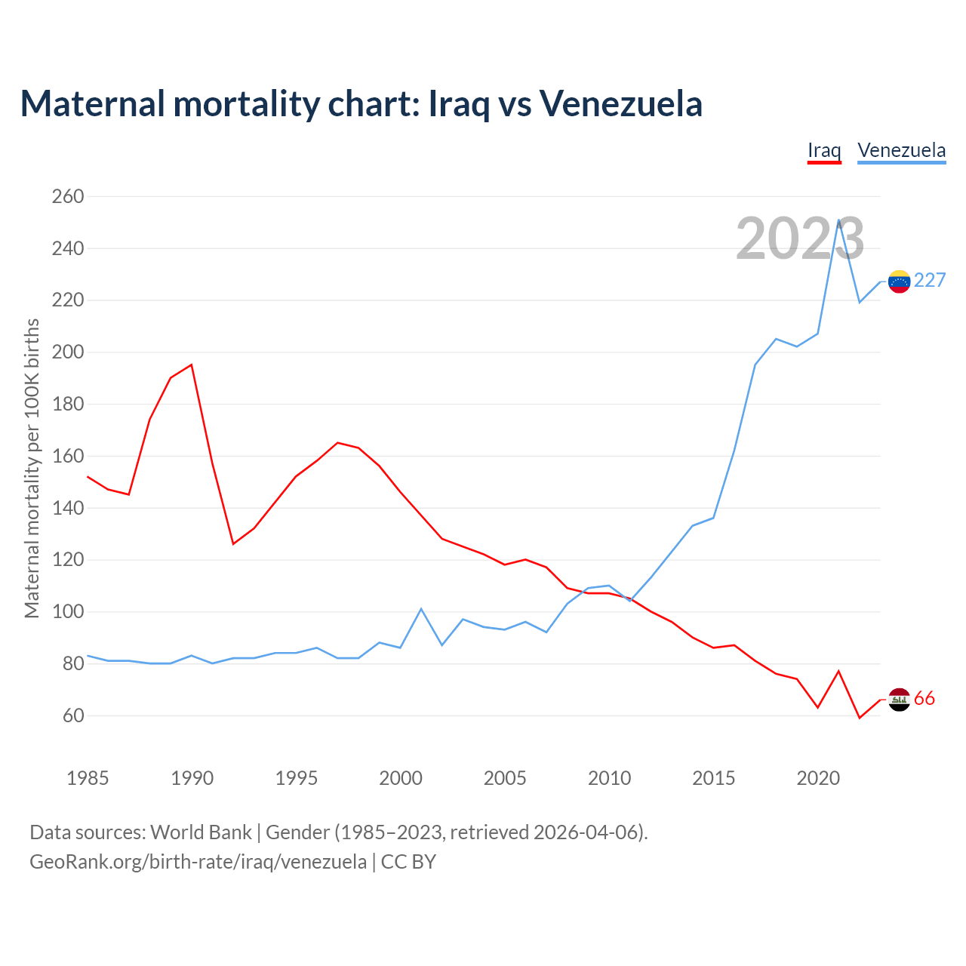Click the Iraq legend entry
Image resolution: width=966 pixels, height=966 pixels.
click(824, 150)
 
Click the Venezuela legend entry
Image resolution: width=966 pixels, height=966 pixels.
click(901, 150)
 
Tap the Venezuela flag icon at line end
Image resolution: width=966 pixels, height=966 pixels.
click(899, 281)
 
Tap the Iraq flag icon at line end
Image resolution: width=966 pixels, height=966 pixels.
click(899, 700)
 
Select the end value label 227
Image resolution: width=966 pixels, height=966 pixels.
click(930, 281)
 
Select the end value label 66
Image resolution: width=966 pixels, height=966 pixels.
click(924, 699)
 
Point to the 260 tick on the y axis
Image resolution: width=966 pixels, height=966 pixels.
click(67, 197)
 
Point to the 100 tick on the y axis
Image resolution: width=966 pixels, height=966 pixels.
click(67, 612)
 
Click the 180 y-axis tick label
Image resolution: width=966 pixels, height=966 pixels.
click(67, 405)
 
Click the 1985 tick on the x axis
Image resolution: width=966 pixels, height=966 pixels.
click(88, 778)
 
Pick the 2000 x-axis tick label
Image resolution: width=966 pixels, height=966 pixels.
click(401, 778)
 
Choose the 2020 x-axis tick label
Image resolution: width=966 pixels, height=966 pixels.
click(818, 778)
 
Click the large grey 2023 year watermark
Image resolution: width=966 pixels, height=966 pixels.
click(800, 238)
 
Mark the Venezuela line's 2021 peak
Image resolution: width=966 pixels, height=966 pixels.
click(838, 220)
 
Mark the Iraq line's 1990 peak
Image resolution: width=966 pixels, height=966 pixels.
click(192, 365)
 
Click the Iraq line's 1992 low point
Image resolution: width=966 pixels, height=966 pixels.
click(233, 543)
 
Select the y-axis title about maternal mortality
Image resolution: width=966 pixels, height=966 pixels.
click(32, 468)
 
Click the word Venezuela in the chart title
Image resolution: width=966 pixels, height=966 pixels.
click(620, 104)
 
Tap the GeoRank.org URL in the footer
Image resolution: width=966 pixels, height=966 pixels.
click(198, 862)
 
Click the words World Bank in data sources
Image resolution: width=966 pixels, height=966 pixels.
click(201, 832)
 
